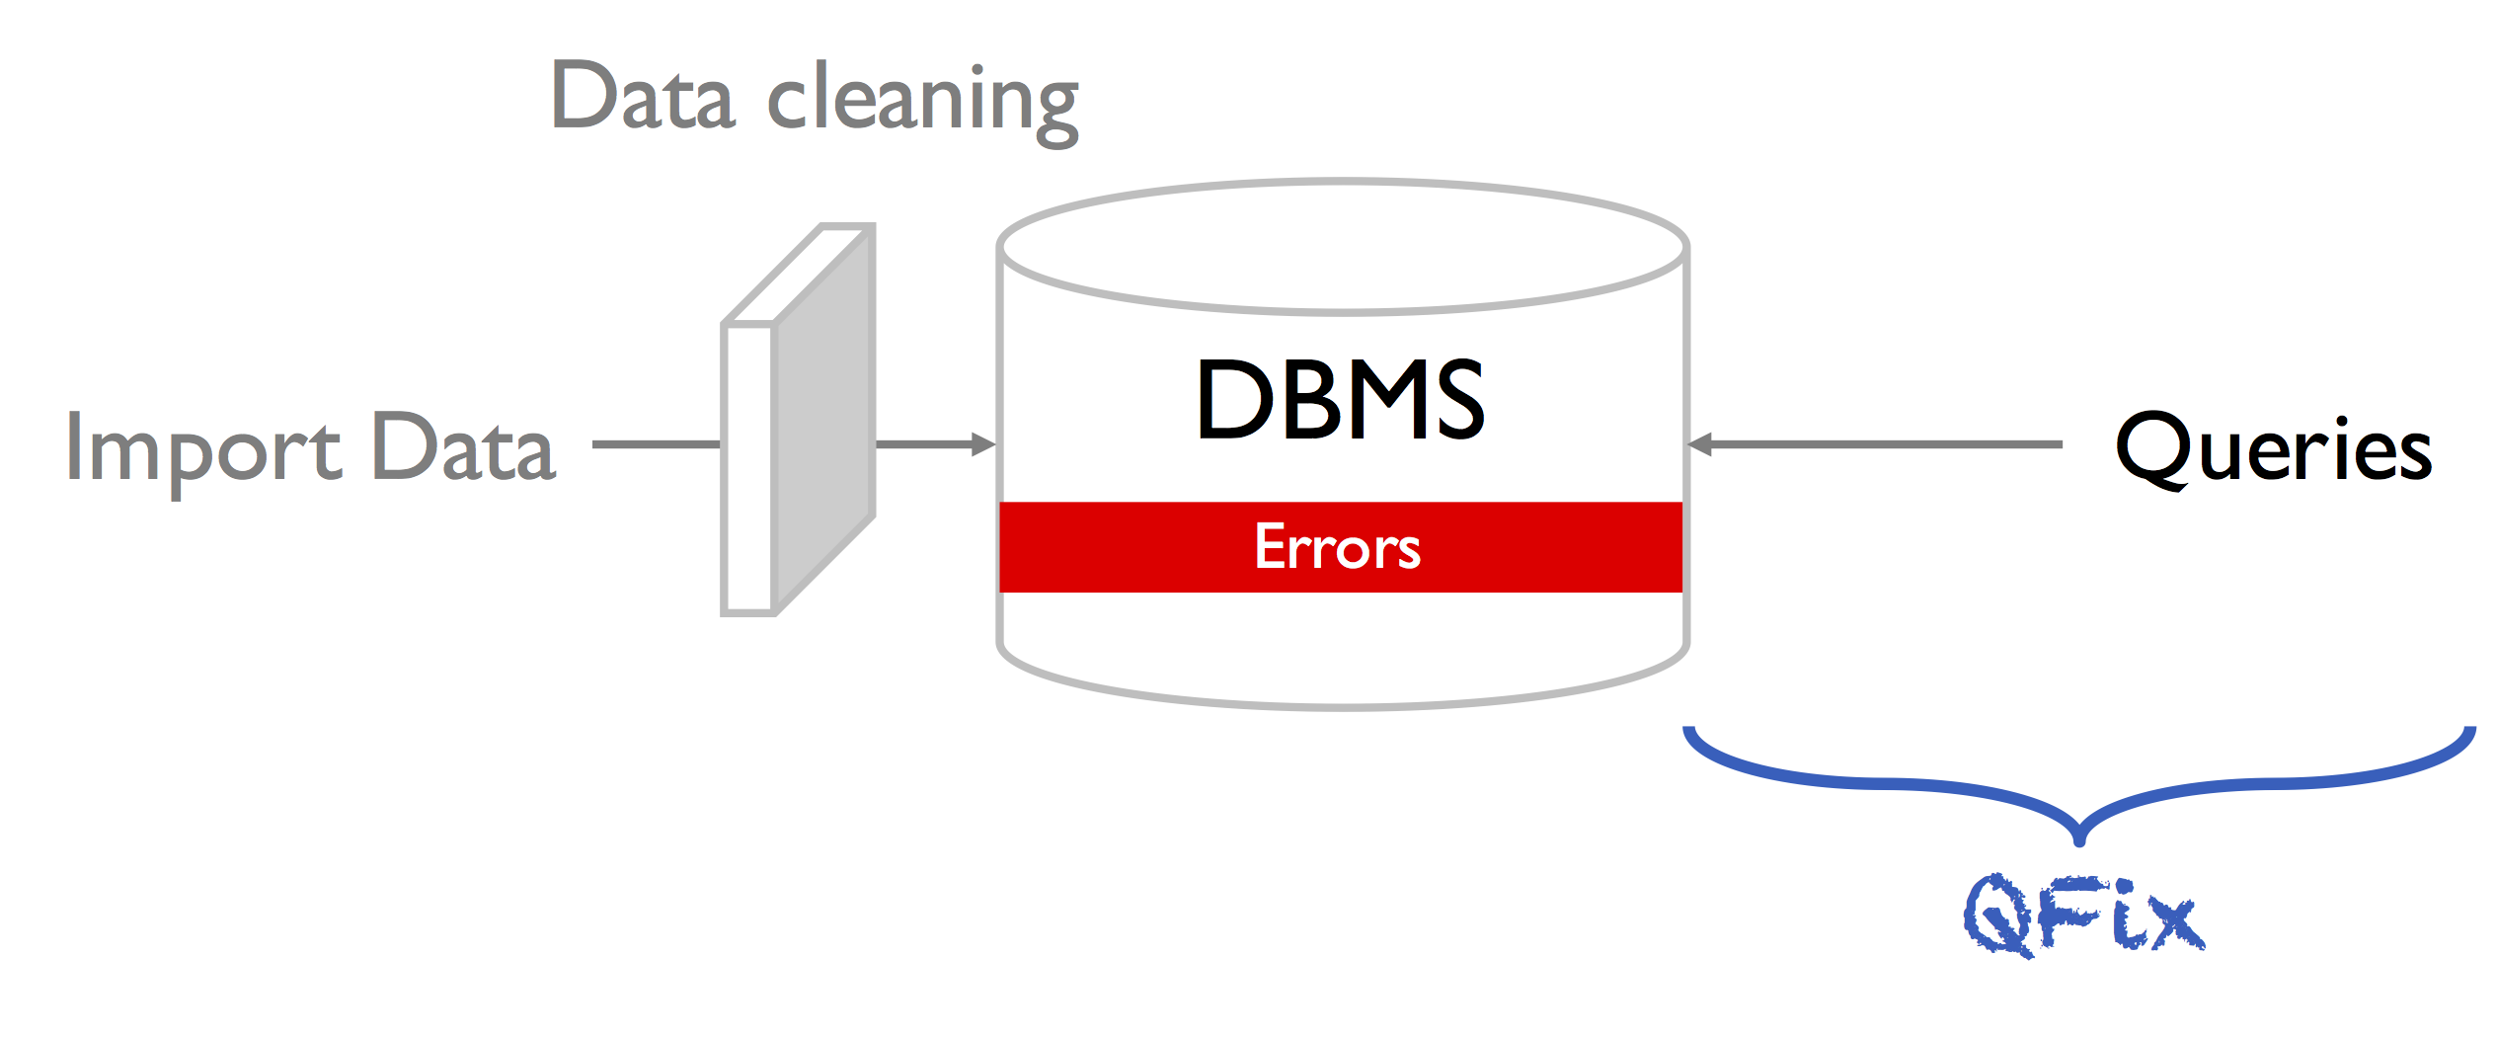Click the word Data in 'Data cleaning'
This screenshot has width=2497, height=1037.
click(643, 96)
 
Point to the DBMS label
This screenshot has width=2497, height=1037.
click(1340, 399)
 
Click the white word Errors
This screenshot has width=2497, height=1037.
click(1338, 547)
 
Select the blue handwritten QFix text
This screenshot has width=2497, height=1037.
click(2084, 916)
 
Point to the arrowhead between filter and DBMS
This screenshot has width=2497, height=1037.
click(984, 444)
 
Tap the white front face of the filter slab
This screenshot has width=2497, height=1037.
click(747, 469)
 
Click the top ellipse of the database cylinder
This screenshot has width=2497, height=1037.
click(1343, 247)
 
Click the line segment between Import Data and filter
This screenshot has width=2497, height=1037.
click(657, 444)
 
